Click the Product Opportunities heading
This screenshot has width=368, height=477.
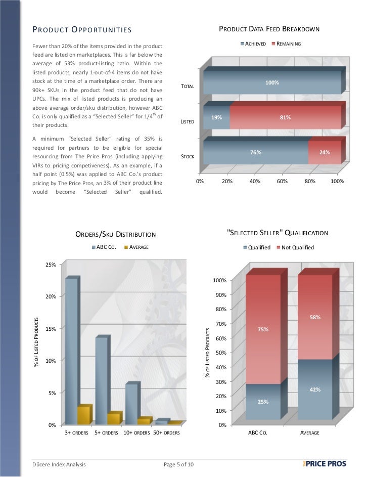click(x=82, y=30)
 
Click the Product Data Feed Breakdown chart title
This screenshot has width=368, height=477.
click(x=269, y=29)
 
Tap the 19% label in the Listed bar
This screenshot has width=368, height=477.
click(x=216, y=117)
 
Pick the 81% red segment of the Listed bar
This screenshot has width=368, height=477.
click(x=285, y=117)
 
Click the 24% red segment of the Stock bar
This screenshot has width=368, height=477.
click(x=324, y=152)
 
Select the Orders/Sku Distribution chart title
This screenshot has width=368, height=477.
click(x=115, y=234)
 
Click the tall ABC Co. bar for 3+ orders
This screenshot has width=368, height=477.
click(x=71, y=351)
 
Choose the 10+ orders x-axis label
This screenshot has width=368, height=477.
click(x=136, y=433)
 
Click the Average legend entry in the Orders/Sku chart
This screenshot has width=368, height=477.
click(x=136, y=247)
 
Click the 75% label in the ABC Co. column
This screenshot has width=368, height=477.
click(x=263, y=329)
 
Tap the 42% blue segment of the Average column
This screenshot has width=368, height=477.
click(x=314, y=389)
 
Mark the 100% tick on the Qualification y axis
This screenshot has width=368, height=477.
click(x=219, y=280)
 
